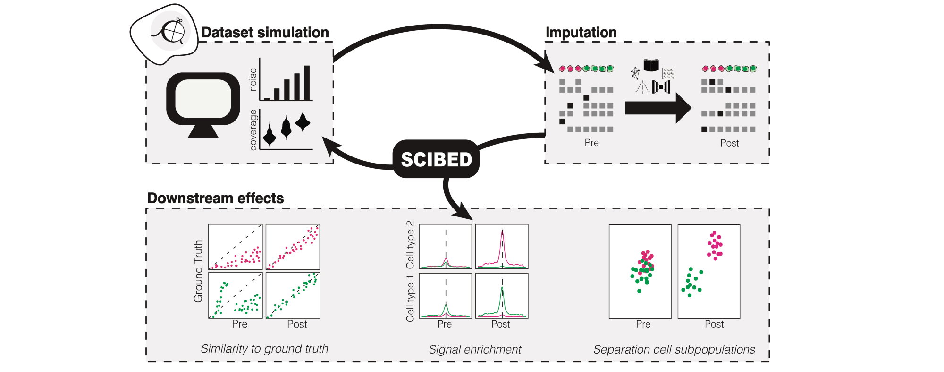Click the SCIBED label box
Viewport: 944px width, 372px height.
pyautogui.click(x=436, y=159)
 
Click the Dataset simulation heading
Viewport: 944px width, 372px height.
pyautogui.click(x=265, y=32)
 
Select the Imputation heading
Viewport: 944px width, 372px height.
pyautogui.click(x=581, y=32)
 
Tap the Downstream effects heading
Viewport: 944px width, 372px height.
pyautogui.click(x=216, y=198)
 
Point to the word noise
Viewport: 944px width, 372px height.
pyautogui.click(x=253, y=79)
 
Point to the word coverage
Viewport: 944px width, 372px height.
pyautogui.click(x=253, y=130)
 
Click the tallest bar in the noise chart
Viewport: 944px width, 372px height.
pyautogui.click(x=307, y=83)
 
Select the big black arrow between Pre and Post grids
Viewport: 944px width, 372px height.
pyautogui.click(x=657, y=108)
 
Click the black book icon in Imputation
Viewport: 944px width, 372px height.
pyautogui.click(x=651, y=65)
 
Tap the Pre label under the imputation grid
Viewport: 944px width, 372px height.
pyautogui.click(x=591, y=143)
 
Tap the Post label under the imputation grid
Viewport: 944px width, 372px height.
pyautogui.click(x=729, y=143)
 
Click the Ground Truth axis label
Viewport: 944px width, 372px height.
pyautogui.click(x=198, y=271)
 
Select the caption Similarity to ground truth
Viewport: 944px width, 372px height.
pyautogui.click(x=264, y=349)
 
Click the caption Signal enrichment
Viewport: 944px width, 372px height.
pyautogui.click(x=475, y=349)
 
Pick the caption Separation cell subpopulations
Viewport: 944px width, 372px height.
pyautogui.click(x=674, y=349)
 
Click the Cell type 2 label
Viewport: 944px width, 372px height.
pyautogui.click(x=410, y=244)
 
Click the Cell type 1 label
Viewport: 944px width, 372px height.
pyautogui.click(x=410, y=299)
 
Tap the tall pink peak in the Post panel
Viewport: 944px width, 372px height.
pyautogui.click(x=502, y=241)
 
